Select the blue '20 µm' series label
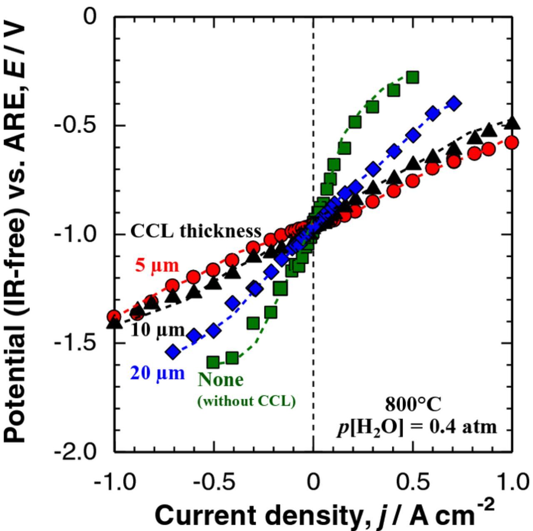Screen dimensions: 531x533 click(157, 373)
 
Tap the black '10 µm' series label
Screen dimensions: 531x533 click(157, 330)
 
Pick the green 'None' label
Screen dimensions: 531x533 click(220, 380)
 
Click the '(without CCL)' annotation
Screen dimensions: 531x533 click(246, 401)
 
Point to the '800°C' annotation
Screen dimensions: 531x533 click(413, 404)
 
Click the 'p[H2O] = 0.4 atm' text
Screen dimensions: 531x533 click(417, 427)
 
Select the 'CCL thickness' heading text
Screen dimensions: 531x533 click(196, 231)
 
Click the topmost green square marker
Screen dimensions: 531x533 click(412, 77)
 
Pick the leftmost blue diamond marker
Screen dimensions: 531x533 click(173, 352)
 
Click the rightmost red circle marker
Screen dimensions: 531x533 click(512, 143)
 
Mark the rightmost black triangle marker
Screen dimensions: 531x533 click(512, 123)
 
